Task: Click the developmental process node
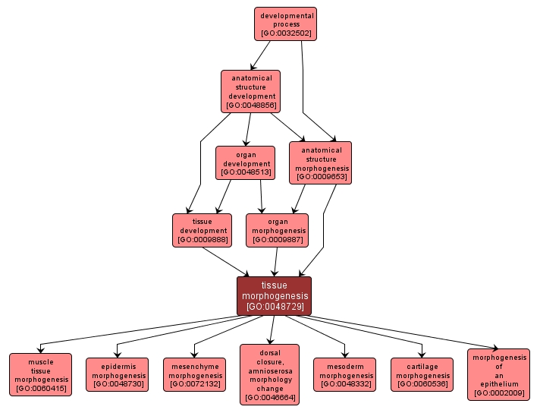tap(285, 24)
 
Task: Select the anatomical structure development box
tap(250, 91)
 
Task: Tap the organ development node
tap(245, 163)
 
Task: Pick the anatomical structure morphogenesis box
tap(320, 162)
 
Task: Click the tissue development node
tap(202, 230)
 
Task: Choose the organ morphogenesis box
tap(277, 230)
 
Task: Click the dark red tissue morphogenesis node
tap(274, 295)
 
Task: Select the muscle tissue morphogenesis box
tap(41, 374)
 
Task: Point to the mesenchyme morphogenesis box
tap(194, 374)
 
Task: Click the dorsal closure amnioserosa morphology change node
tap(269, 374)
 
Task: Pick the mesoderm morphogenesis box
tap(345, 374)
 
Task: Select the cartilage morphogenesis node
tap(422, 374)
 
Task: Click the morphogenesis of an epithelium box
tap(498, 374)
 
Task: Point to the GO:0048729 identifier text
tap(275, 307)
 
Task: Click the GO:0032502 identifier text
tap(285, 33)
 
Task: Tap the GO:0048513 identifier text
tap(245, 173)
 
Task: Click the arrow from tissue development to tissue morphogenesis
tap(225, 261)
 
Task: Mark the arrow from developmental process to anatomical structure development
tap(260, 55)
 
